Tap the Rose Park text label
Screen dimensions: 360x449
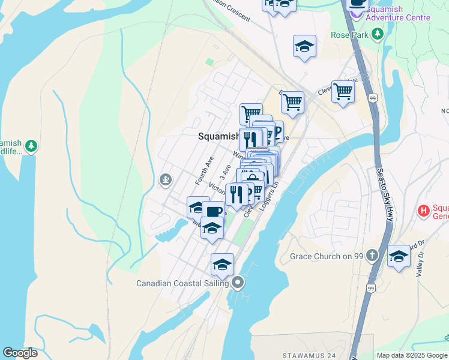pyautogui.click(x=349, y=35)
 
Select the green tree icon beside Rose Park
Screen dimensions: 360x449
pyautogui.click(x=378, y=35)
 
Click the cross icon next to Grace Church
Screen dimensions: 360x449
pyautogui.click(x=372, y=256)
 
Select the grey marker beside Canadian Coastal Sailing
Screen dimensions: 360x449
pyautogui.click(x=238, y=282)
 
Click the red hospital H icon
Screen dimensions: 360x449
pyautogui.click(x=424, y=211)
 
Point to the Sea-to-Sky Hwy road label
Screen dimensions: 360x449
pyautogui.click(x=384, y=193)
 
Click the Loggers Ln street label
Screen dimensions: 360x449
pyautogui.click(x=268, y=199)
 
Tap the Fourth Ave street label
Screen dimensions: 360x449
pyautogui.click(x=204, y=170)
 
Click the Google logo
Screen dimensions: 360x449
pyautogui.click(x=20, y=353)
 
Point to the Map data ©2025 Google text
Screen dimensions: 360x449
pyautogui.click(x=412, y=355)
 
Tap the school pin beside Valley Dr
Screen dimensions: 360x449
pyautogui.click(x=399, y=256)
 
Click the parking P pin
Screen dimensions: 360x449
pyautogui.click(x=276, y=132)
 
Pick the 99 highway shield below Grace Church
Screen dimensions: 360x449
pyautogui.click(x=370, y=289)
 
